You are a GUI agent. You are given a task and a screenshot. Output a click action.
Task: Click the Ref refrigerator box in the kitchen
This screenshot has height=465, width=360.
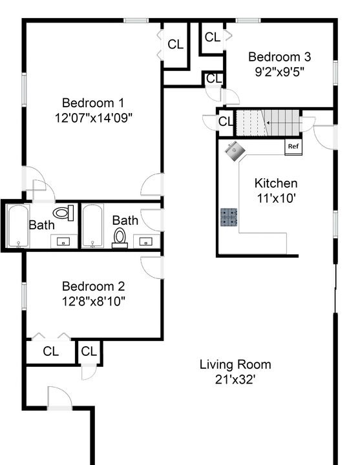point(293,147)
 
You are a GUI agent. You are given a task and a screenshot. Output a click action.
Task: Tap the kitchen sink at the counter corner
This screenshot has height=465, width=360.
point(235,151)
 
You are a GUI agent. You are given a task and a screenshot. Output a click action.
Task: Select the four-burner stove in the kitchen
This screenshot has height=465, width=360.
point(229,218)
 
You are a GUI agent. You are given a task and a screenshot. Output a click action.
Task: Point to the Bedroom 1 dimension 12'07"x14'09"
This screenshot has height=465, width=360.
point(93,118)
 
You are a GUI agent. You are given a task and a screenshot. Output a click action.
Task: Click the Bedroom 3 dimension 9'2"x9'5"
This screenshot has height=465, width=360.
point(280,72)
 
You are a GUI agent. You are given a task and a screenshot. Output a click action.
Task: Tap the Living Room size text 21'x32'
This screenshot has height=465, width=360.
point(235,379)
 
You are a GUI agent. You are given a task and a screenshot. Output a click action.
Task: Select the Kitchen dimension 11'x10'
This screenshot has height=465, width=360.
point(276,198)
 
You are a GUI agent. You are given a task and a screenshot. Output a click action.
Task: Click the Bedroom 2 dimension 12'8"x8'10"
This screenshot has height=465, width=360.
point(93,302)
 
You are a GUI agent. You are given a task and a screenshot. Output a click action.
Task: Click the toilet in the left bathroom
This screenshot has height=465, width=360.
point(63,212)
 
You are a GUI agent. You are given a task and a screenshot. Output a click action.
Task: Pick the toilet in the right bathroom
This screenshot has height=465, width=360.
point(120,238)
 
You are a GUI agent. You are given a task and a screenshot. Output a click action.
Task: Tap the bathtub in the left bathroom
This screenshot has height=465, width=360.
point(18,226)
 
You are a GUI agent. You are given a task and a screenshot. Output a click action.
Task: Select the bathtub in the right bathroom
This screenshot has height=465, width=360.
point(92,226)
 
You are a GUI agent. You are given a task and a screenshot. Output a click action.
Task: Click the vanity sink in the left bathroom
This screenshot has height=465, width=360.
point(63,241)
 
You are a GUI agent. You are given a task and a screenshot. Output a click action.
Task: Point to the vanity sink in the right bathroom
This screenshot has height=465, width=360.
point(146,241)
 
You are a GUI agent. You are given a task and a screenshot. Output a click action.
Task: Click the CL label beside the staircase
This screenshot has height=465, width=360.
point(226,121)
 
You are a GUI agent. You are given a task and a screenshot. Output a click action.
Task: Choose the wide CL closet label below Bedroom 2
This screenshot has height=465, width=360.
point(51,351)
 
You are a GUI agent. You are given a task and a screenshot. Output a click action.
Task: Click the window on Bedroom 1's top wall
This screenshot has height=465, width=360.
point(136,21)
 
